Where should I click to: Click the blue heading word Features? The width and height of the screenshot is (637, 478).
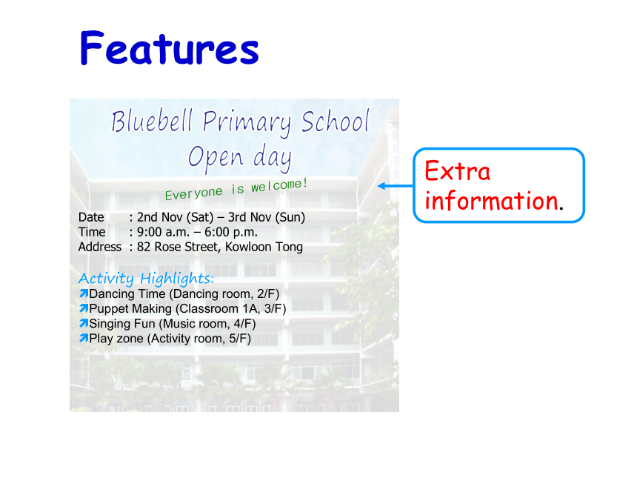[170, 48]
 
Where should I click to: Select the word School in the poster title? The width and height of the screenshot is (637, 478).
[335, 121]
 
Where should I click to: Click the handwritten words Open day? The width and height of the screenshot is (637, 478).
[240, 157]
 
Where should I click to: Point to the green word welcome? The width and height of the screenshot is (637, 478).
[279, 185]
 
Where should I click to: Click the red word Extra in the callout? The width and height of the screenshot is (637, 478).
[458, 171]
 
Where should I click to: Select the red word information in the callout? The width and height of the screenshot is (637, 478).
[492, 200]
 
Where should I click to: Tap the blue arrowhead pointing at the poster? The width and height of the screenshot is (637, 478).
[382, 186]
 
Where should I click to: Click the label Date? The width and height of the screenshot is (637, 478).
[91, 217]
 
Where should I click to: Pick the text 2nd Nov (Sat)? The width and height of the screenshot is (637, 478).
[175, 217]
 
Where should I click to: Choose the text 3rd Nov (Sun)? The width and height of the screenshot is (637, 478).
[267, 217]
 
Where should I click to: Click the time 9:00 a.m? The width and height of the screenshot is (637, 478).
[163, 232]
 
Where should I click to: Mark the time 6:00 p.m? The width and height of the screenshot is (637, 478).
[231, 232]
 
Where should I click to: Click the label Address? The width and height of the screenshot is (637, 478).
[100, 247]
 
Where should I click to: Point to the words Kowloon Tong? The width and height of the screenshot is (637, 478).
[264, 247]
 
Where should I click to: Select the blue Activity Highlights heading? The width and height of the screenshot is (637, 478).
[146, 279]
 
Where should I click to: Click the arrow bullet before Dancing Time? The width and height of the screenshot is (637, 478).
[84, 293]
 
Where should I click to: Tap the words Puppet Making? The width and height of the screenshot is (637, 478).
[130, 309]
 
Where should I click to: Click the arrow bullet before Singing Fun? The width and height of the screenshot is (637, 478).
[84, 323]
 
